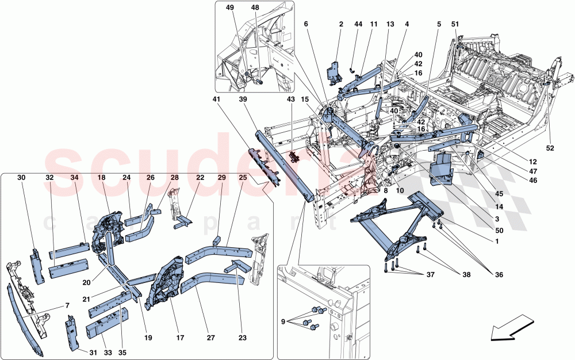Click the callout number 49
click(x=230, y=9)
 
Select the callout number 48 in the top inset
click(x=255, y=9)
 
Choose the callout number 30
click(x=21, y=178)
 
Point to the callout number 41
click(x=216, y=99)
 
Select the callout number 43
click(x=291, y=99)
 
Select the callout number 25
click(x=243, y=178)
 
